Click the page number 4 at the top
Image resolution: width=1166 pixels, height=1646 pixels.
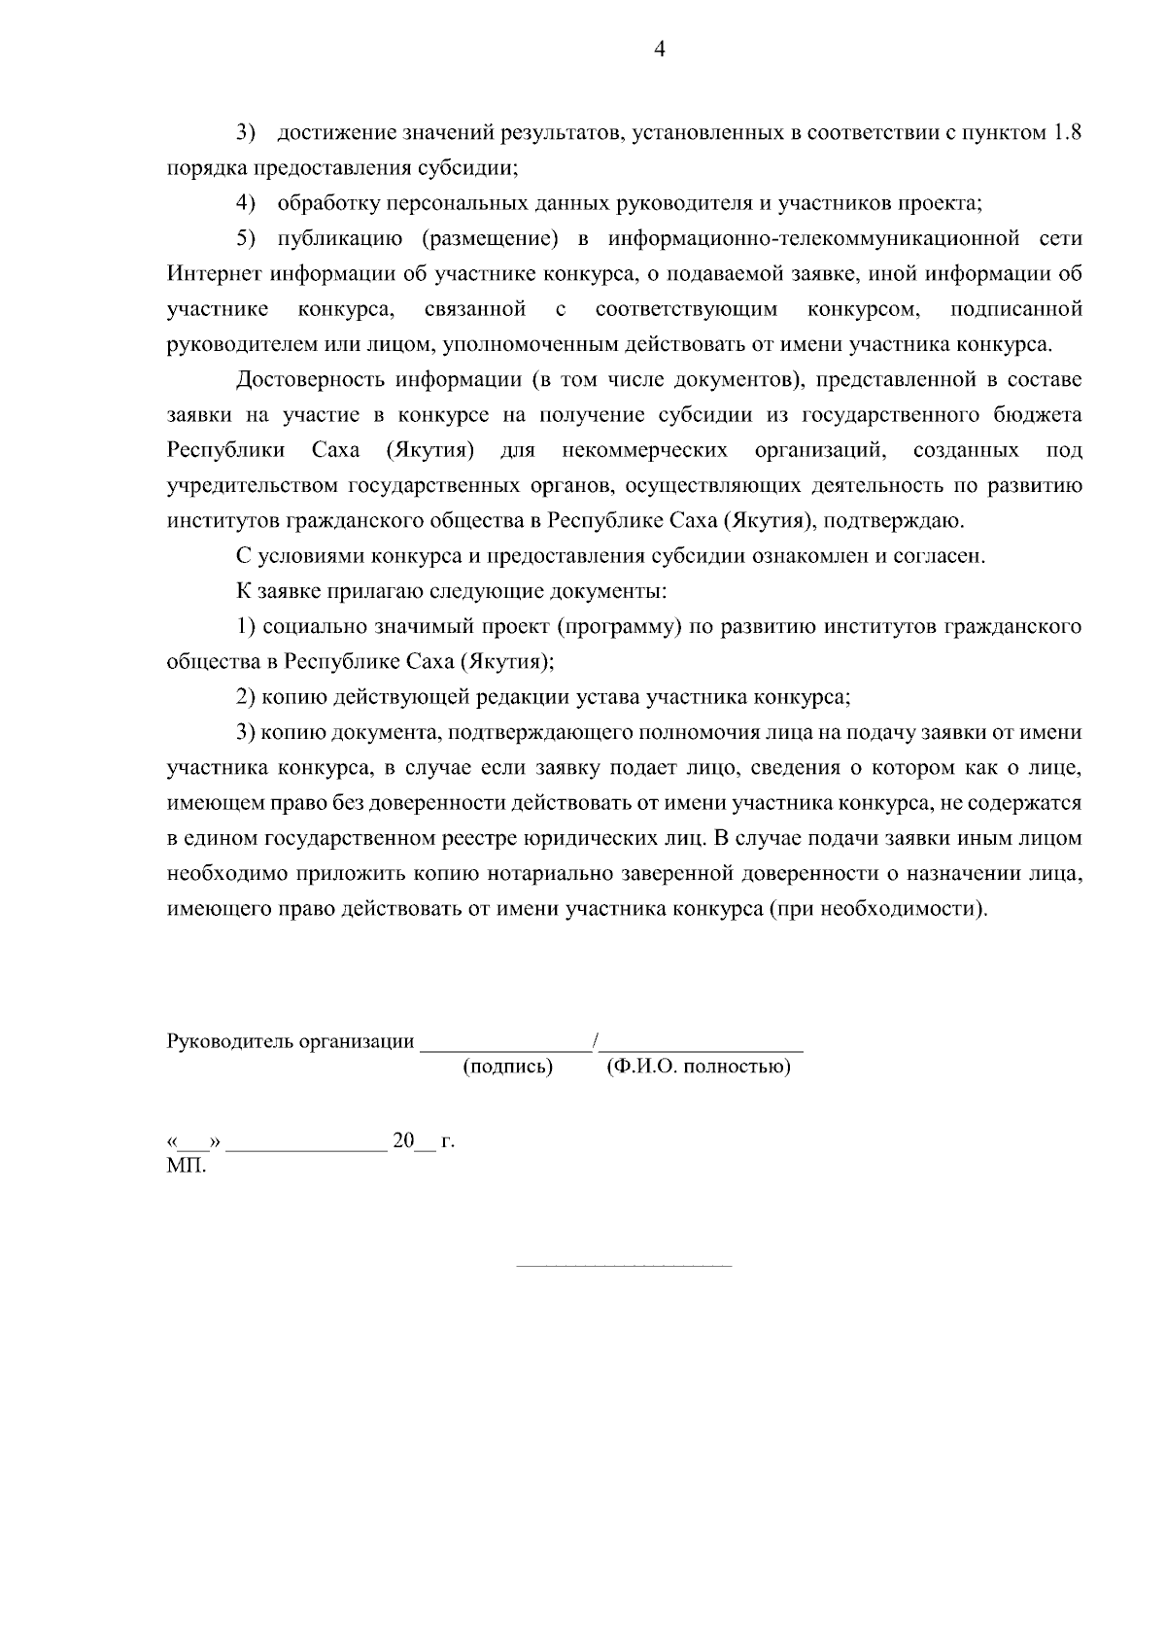point(660,51)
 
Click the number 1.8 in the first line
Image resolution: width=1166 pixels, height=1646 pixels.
point(1067,133)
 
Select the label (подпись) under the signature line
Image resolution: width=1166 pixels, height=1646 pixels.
point(507,1068)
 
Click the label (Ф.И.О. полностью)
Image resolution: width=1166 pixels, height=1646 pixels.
point(699,1068)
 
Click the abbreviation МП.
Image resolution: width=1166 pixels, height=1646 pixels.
point(187,1165)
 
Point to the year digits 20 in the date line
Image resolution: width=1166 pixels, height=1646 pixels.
point(403,1140)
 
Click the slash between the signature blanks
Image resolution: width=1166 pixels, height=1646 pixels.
point(595,1041)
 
